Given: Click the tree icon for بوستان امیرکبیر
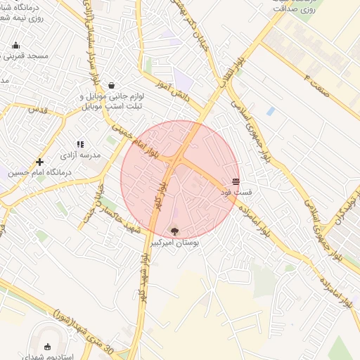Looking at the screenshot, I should click(x=174, y=231).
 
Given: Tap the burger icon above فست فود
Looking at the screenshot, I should click(x=236, y=181).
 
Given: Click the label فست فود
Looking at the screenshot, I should click(x=236, y=191).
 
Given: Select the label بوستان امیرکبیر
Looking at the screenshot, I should click(x=174, y=242).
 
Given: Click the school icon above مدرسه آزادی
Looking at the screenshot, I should click(x=80, y=144).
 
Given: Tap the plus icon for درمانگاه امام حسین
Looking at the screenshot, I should click(x=39, y=162).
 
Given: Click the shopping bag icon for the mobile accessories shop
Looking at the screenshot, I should click(x=112, y=85).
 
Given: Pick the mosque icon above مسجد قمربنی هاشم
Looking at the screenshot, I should click(x=15, y=46).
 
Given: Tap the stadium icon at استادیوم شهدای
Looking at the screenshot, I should click(x=47, y=347).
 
